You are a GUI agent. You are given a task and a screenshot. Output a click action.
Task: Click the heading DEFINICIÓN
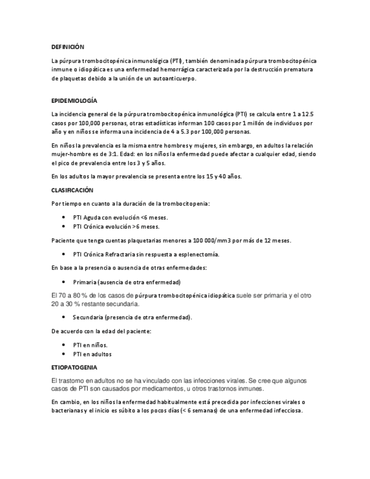[x=67, y=47]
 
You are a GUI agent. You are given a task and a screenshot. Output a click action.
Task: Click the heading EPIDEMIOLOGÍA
[x=74, y=100]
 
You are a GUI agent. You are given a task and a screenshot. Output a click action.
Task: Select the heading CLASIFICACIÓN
[x=72, y=190]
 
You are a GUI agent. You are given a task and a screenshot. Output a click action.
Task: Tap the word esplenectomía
[x=199, y=254]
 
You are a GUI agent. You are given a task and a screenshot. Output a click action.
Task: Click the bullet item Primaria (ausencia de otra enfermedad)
[x=127, y=281]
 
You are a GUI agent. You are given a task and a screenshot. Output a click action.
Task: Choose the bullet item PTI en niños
[x=90, y=345]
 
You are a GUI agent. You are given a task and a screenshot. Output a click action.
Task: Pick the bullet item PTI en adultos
[x=93, y=354]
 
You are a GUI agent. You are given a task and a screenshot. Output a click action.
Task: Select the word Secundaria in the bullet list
[x=92, y=317]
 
